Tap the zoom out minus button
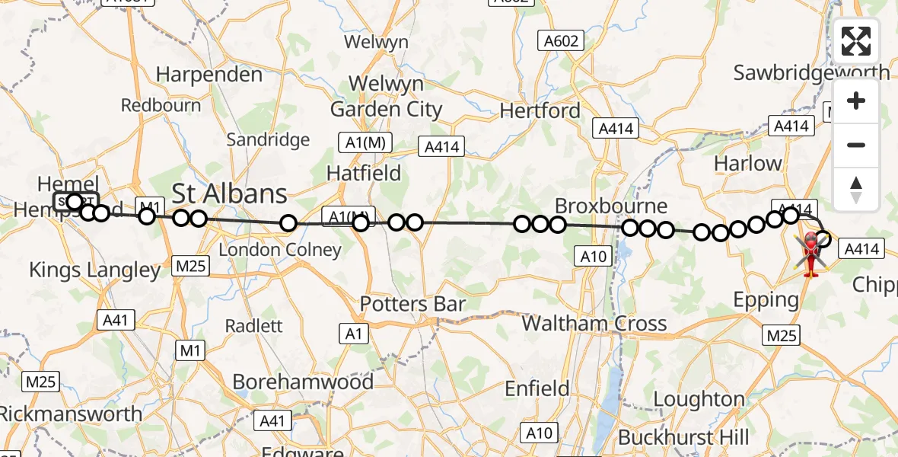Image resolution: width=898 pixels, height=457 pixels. pos(856,145)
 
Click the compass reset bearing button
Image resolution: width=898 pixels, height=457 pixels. pos(856,189)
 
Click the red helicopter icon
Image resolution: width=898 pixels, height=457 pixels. pos(811,254)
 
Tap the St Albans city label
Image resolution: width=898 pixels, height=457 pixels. pos(230,193)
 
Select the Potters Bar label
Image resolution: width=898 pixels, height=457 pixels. pos(412,304)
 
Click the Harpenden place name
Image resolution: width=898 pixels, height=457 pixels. pos(209,75)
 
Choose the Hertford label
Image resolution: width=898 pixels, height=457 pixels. pos(540,111)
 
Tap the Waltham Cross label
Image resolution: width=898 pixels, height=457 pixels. pos(594,324)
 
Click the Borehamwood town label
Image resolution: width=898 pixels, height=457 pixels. pos(303,382)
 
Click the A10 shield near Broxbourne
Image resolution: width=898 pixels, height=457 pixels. pos(594,257)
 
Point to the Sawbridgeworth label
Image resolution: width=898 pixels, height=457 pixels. pos(811,73)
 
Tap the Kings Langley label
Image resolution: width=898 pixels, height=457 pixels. pos(94,270)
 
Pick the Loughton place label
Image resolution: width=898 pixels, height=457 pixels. pos(699,399)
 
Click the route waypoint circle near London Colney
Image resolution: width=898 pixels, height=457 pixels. pos(288,223)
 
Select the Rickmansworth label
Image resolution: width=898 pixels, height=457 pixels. pos(71,414)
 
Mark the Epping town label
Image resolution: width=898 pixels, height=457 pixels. pos(766,299)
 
